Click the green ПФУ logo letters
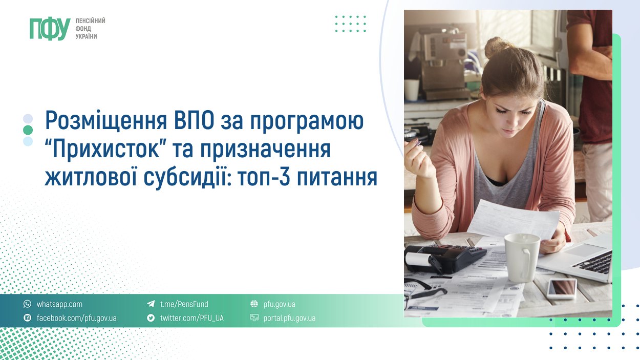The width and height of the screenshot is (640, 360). click(x=50, y=29)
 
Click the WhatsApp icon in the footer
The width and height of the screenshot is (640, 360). click(x=27, y=304)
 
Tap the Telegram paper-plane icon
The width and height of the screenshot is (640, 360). click(x=151, y=304)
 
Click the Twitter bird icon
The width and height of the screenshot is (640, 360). click(x=151, y=317)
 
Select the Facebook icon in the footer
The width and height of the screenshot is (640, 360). click(x=27, y=317)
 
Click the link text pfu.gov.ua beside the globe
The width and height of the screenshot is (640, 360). click(x=279, y=304)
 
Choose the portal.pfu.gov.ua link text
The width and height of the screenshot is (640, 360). click(x=289, y=319)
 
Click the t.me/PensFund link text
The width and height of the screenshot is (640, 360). click(x=184, y=304)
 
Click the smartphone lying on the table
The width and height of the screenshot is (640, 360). click(x=562, y=288)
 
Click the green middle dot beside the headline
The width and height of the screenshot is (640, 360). click(x=28, y=130)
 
